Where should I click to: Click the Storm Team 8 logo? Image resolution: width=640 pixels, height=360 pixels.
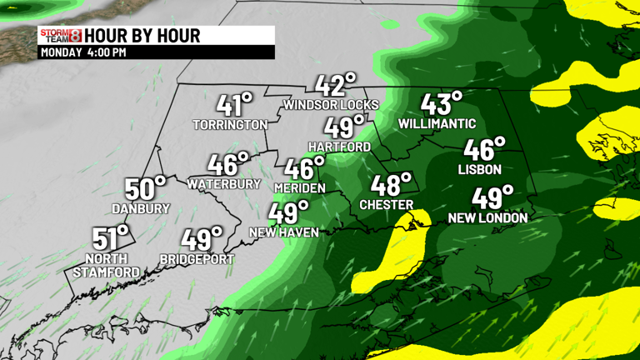tap(61, 35)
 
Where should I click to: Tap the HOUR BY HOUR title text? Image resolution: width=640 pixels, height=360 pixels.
tap(142, 36)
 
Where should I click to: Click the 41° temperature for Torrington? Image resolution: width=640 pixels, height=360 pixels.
tap(234, 105)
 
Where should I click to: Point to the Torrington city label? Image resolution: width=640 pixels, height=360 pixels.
tap(230, 125)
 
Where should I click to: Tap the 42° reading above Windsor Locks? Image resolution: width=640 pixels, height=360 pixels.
tap(335, 85)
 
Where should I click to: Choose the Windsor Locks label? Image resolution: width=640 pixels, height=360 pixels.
tap(331, 105)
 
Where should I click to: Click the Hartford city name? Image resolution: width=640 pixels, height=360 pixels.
tap(339, 147)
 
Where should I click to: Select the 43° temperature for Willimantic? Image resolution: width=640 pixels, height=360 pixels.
tap(441, 104)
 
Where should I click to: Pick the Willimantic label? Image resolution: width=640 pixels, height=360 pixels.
tap(437, 124)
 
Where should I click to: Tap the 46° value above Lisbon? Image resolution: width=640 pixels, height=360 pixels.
tap(484, 149)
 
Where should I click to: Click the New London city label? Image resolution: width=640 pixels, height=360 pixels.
tap(487, 218)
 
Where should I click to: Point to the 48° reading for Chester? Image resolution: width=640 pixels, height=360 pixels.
tap(391, 184)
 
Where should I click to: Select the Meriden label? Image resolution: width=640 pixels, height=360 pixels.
tap(299, 188)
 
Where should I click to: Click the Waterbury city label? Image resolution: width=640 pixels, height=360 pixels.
tap(224, 183)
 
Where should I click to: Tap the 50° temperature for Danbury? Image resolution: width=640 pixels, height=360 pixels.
tap(145, 189)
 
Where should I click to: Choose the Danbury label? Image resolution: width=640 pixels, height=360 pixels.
tap(141, 209)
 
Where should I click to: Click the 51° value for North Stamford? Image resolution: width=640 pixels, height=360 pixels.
tap(111, 238)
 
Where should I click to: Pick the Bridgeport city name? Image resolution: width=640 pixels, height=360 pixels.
tap(197, 259)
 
